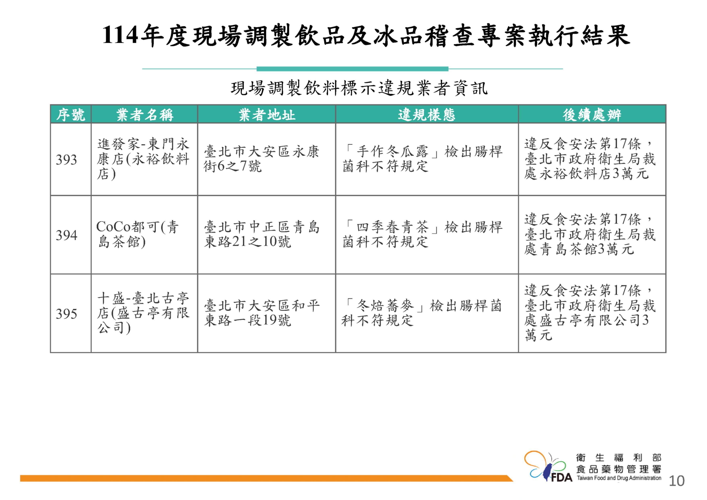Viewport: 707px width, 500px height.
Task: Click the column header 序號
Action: coord(71,115)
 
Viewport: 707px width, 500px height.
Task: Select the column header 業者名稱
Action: coord(144,115)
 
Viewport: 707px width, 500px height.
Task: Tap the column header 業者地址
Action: coord(267,115)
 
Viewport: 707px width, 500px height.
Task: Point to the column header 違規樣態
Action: coord(427,115)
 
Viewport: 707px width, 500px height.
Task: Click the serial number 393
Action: coord(66,160)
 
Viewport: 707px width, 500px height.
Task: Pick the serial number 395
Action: coord(66,314)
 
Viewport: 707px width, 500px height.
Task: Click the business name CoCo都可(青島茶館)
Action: coord(138,234)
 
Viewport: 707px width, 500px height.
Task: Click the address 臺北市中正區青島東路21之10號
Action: coord(262,234)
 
